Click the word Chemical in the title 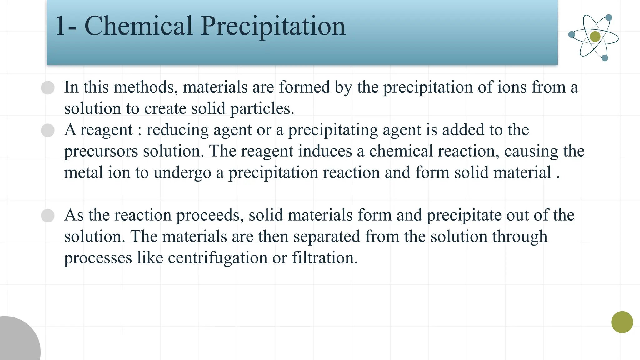click(x=138, y=26)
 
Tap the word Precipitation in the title click(x=273, y=27)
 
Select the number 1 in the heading click(x=60, y=26)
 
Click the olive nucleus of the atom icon click(x=595, y=37)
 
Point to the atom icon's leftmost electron click(x=572, y=34)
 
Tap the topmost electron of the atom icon click(x=609, y=17)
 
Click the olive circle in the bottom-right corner click(x=622, y=322)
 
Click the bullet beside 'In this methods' click(x=48, y=87)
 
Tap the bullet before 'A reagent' click(x=48, y=130)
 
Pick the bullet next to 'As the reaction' click(x=48, y=216)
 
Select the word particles click(x=262, y=109)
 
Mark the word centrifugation click(x=217, y=258)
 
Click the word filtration click(x=325, y=258)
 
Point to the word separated click(x=327, y=237)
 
